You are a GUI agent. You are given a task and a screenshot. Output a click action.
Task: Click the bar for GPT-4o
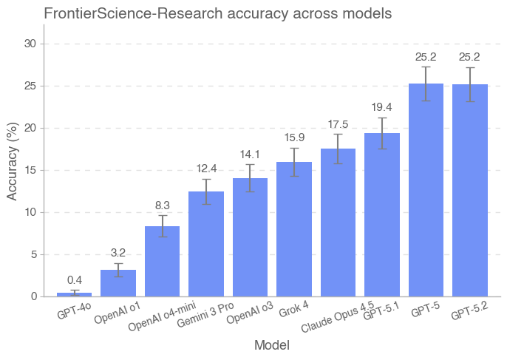[x=74, y=294]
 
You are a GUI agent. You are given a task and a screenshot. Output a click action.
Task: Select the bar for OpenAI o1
[x=118, y=283]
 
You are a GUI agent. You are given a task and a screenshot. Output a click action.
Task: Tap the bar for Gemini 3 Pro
[x=206, y=244]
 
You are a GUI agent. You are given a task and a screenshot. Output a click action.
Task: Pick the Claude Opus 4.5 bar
[x=338, y=223]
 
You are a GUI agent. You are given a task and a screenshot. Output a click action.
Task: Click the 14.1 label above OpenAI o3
[x=250, y=154]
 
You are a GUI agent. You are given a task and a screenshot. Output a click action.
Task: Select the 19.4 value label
[x=382, y=107]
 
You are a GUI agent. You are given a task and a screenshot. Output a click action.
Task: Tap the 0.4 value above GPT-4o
[x=74, y=280]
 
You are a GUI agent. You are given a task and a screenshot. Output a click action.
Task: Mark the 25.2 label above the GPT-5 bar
[x=426, y=56]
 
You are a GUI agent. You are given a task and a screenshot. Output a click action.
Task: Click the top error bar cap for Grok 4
[x=294, y=148]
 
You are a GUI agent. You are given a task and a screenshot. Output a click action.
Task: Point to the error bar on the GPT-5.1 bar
[x=382, y=133]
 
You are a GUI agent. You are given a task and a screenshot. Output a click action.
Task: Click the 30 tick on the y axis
[x=30, y=44]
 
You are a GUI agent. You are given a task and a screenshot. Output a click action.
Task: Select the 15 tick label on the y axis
[x=30, y=170]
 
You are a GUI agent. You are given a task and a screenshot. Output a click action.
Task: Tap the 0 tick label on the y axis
[x=33, y=296]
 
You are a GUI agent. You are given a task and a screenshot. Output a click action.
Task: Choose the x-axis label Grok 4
[x=293, y=309]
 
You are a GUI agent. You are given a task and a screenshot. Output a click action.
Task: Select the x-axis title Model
[x=271, y=345]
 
